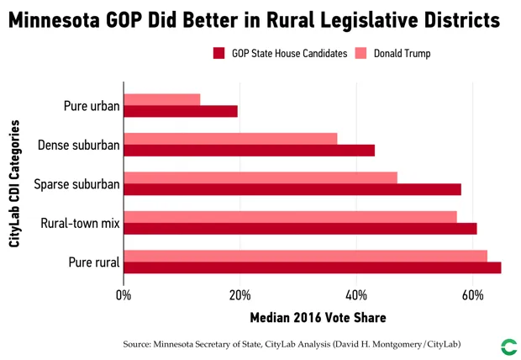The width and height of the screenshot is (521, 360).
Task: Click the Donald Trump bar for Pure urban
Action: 162,99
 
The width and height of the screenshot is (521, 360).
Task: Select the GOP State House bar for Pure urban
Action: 181,111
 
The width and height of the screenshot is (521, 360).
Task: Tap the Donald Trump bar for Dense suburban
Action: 230,138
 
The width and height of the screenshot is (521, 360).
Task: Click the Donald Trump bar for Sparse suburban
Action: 260,177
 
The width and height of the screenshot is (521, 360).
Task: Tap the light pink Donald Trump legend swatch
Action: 360,53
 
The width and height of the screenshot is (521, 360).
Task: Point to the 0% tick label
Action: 124,296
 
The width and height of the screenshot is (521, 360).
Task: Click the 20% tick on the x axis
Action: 239,296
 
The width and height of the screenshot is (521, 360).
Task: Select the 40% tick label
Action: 356,296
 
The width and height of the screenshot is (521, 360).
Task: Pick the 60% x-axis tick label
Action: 473,296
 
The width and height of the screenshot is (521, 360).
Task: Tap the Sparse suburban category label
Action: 76,183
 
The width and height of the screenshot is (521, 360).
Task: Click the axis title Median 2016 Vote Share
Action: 318,318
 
